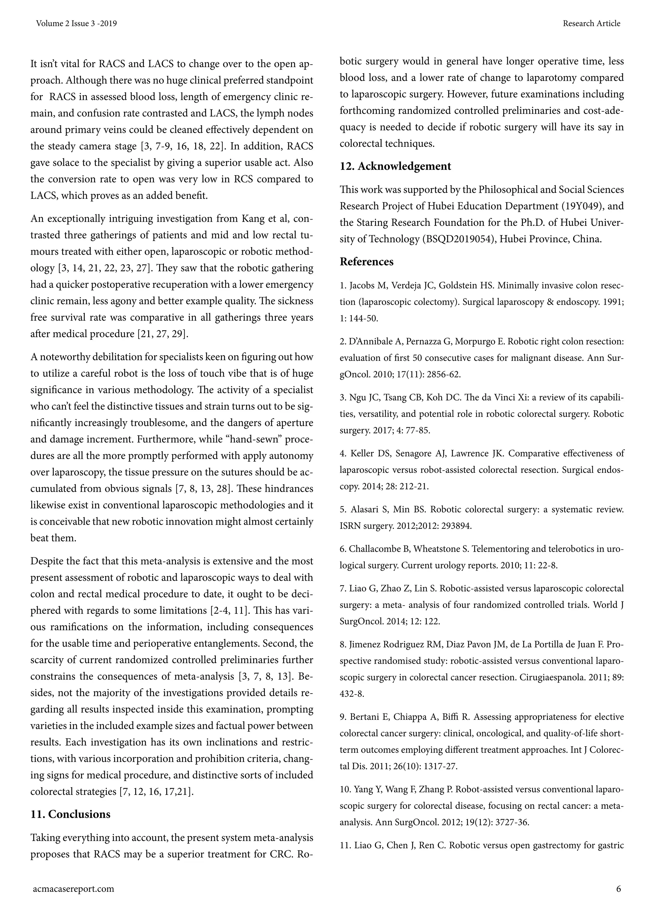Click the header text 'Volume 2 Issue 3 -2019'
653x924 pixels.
(77, 23)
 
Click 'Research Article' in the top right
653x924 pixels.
(591, 23)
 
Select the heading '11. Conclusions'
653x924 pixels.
(70, 814)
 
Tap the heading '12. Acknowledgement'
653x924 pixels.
(395, 166)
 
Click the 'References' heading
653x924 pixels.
(367, 262)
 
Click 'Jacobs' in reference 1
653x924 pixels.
(362, 286)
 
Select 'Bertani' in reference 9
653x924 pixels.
(363, 717)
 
